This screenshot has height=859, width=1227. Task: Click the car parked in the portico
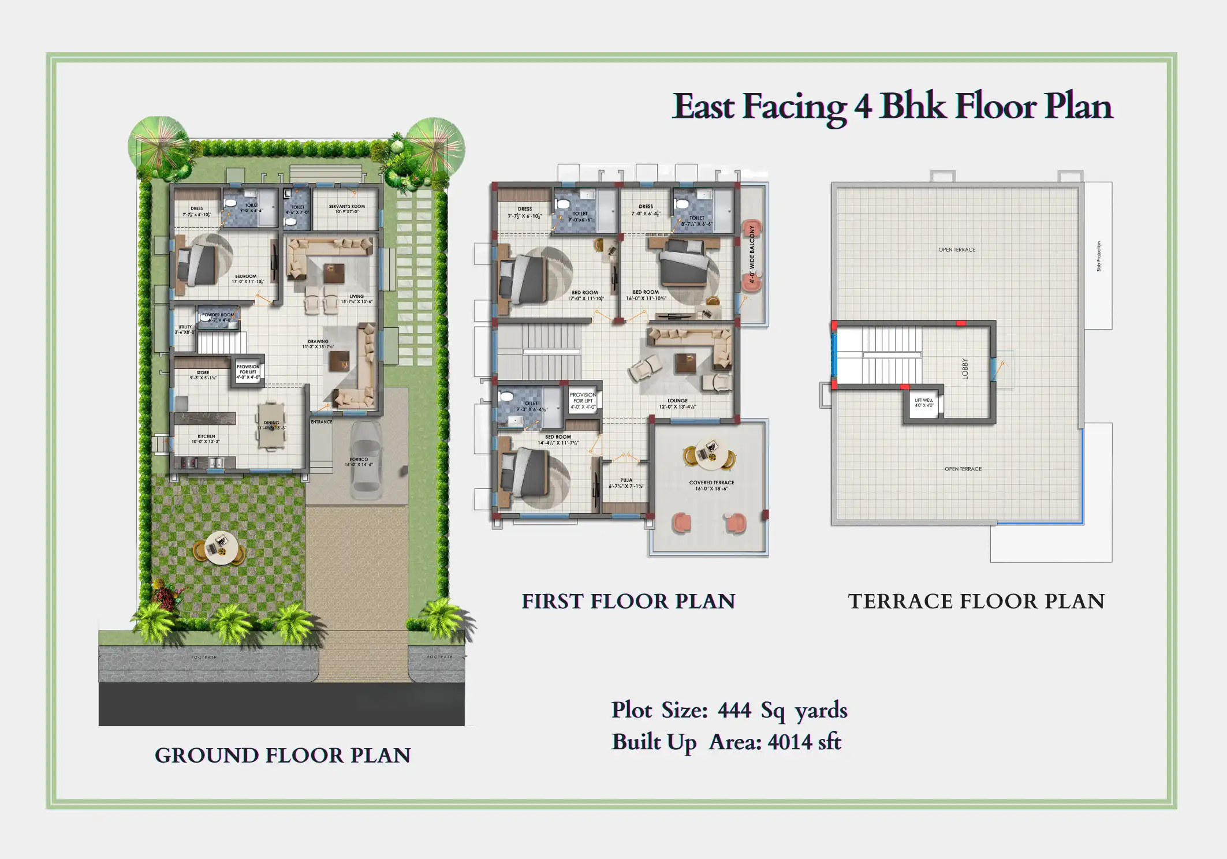366,460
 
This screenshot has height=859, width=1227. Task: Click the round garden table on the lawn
220,547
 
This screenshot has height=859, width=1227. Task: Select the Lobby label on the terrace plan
964,368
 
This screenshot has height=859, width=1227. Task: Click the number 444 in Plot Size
734,710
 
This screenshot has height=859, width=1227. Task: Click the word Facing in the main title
794,107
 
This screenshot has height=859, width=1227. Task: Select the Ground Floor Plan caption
282,755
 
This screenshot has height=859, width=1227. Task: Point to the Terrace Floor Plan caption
976,601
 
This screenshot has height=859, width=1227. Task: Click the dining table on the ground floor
271,426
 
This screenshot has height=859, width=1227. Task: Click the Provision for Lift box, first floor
583,401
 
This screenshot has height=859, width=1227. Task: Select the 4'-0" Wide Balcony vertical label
752,254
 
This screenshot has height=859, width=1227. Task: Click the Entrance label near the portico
321,421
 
